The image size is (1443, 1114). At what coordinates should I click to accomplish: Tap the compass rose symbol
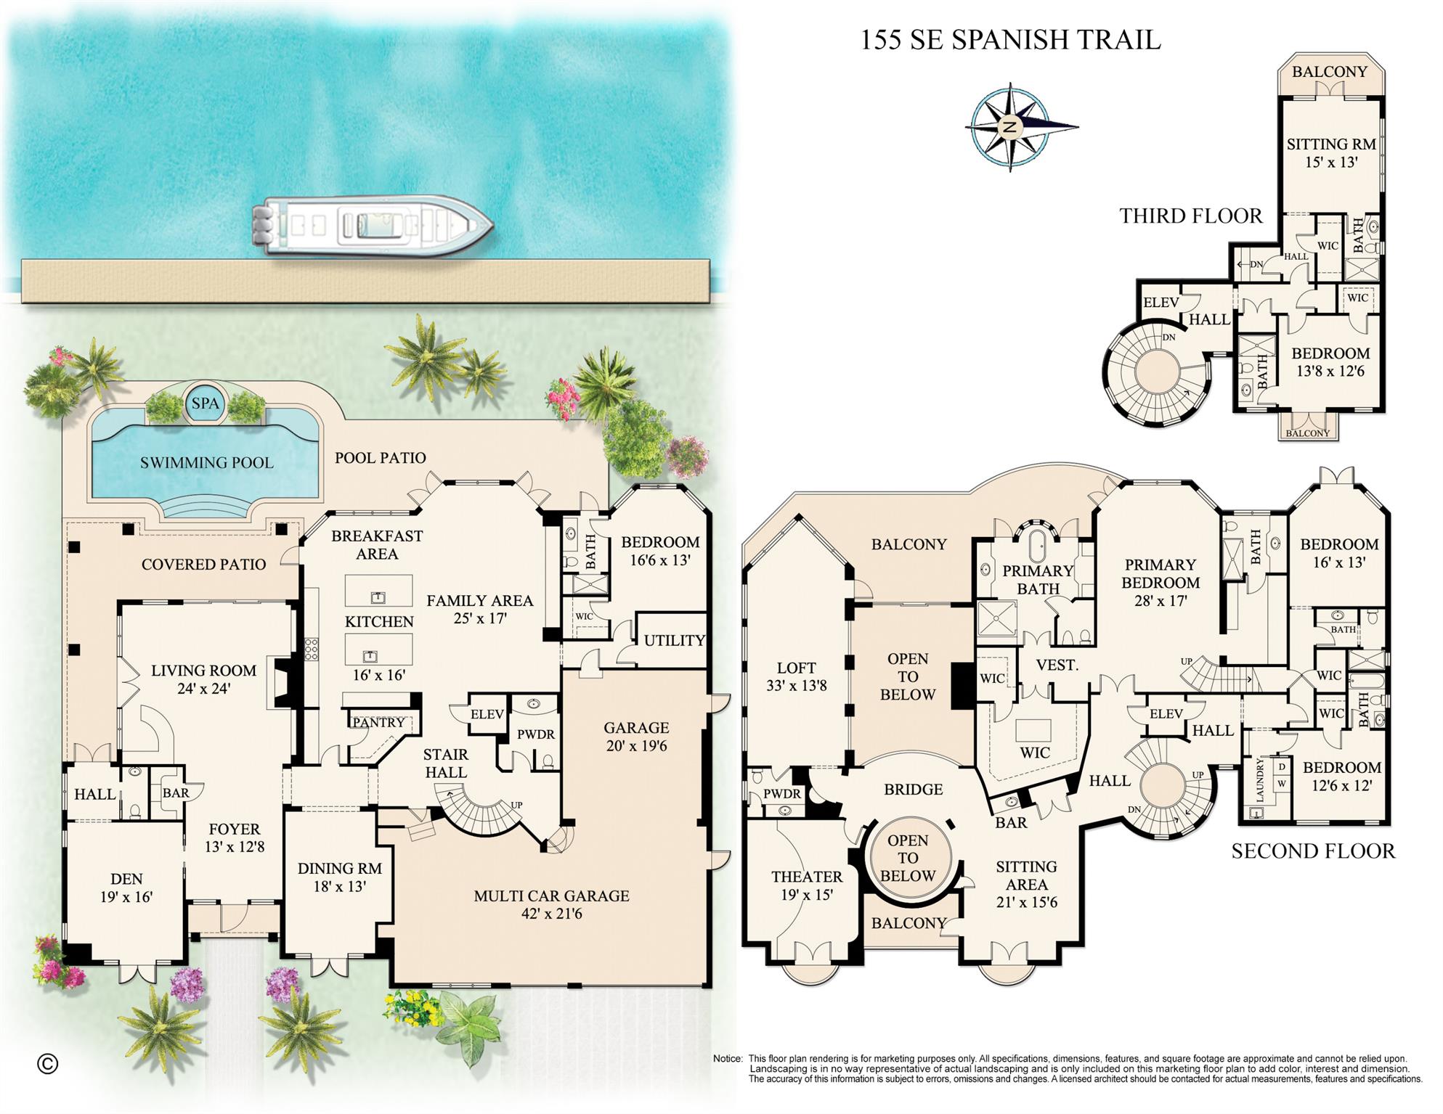point(1010,127)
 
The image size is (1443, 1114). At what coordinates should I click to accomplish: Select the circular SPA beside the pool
point(206,404)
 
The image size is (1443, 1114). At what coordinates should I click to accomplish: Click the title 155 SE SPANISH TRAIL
point(1010,40)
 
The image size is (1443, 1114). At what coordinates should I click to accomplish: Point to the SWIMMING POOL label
point(207,463)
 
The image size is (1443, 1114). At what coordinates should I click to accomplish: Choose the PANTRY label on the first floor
point(378,722)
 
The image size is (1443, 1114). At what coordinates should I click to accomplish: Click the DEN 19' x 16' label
point(126,888)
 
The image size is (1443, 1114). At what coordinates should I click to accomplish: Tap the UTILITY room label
point(674,640)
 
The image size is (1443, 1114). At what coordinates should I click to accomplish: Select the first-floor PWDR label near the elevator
point(535,734)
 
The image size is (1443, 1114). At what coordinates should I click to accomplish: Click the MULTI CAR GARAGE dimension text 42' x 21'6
point(551,914)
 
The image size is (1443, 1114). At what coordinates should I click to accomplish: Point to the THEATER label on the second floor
point(806,877)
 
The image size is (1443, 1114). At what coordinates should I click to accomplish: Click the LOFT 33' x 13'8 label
point(796,676)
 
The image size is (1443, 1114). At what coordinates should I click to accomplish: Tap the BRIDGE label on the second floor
point(913,790)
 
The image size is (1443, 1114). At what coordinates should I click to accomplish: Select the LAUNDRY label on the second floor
point(1260,780)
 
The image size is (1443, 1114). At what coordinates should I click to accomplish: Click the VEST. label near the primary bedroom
point(1057,665)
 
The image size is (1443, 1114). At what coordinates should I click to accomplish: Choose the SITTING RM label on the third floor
point(1330,144)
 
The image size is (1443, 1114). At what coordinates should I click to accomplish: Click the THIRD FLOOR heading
point(1190,216)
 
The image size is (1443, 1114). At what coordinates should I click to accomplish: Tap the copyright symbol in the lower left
point(47,1064)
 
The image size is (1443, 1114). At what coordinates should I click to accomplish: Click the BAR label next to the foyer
point(175,793)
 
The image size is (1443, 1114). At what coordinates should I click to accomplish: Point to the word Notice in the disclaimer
point(727,1059)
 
